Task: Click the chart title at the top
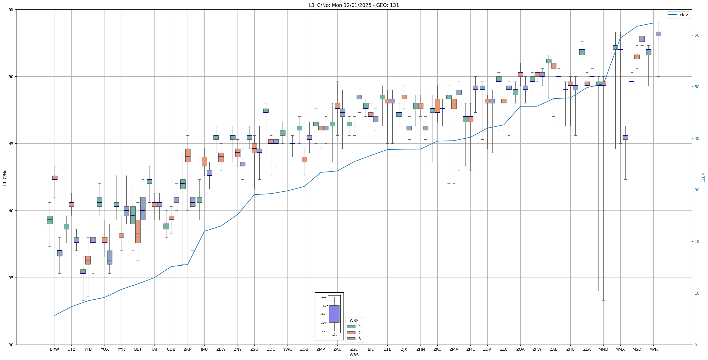(x=354, y=5)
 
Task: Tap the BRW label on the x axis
(x=54, y=349)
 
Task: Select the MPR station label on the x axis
(x=653, y=349)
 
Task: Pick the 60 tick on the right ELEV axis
(x=697, y=35)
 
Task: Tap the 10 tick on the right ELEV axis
(x=697, y=293)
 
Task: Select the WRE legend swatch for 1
(x=351, y=327)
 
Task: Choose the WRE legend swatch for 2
(x=351, y=333)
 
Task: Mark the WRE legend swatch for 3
(x=351, y=339)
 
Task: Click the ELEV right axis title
(x=703, y=177)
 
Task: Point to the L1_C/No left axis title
(x=5, y=177)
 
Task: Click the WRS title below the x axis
(x=354, y=355)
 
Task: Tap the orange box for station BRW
(x=55, y=177)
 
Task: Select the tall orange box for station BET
(x=138, y=231)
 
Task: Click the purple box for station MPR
(x=658, y=34)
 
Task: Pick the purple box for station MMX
(x=625, y=137)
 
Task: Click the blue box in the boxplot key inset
(x=334, y=314)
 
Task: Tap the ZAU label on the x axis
(x=337, y=349)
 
